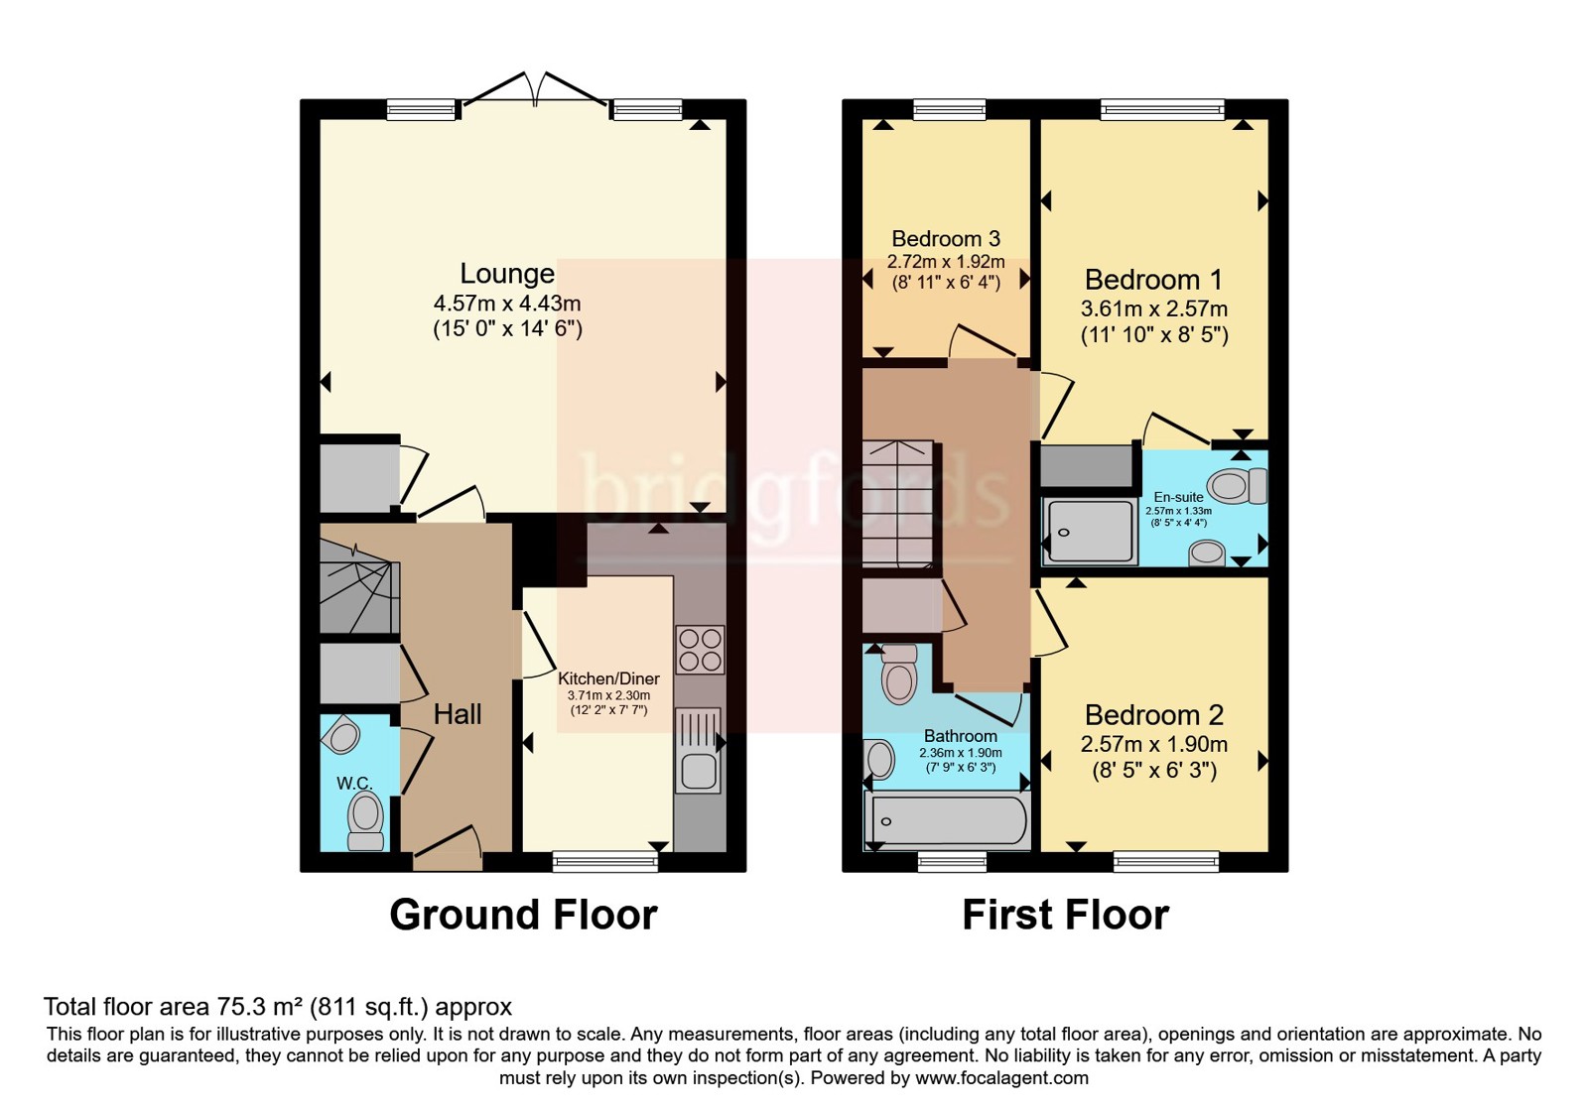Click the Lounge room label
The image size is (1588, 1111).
point(507,274)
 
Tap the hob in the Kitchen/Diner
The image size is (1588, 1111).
point(700,649)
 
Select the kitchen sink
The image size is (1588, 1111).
point(699,750)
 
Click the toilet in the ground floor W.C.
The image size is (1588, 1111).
point(366,820)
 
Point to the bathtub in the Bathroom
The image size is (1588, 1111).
point(947,821)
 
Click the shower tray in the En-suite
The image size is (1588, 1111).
point(1090,532)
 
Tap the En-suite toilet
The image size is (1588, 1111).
point(1237,486)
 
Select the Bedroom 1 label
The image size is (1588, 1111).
point(1153,280)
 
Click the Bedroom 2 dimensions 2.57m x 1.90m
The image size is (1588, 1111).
point(1153,744)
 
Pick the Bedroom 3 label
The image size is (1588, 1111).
point(946,238)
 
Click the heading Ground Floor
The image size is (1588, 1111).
point(523,915)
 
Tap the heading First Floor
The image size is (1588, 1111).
point(1065,915)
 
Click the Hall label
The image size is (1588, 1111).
point(458,714)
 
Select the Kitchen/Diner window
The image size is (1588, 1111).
point(605,862)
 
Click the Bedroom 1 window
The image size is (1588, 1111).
point(1162,109)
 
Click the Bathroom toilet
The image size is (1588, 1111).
point(899,674)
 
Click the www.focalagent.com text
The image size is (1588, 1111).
point(1001,1077)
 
